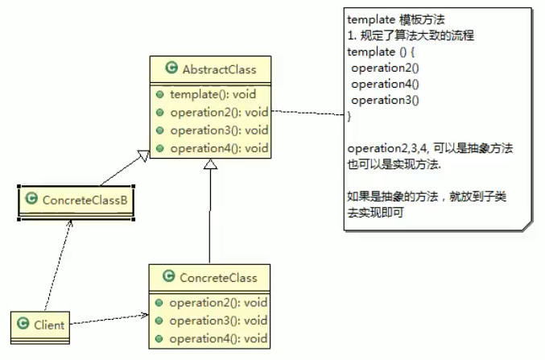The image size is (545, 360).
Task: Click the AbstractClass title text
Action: click(x=219, y=68)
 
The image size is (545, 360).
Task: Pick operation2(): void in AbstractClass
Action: click(x=218, y=112)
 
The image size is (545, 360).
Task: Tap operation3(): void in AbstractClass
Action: click(x=218, y=130)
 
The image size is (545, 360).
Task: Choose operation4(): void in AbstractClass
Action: click(x=218, y=147)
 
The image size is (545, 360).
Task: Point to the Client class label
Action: click(x=49, y=325)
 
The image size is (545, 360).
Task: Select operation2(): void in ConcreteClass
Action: click(x=218, y=303)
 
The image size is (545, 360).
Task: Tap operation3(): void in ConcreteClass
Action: click(x=218, y=321)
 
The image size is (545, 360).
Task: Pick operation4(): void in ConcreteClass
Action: click(x=218, y=338)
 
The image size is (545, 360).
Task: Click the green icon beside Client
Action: click(x=24, y=325)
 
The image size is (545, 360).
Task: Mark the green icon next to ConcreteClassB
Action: click(x=31, y=198)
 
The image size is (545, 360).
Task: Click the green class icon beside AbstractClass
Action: click(x=170, y=68)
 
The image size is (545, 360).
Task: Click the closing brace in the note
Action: click(x=349, y=117)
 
